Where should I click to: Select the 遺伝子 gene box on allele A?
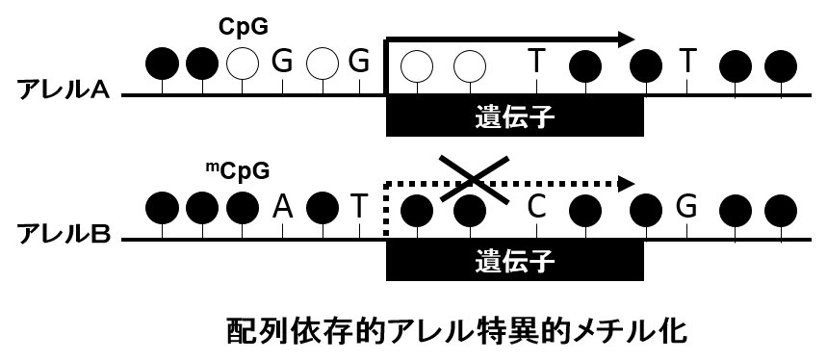click(x=515, y=116)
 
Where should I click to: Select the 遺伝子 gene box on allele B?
click(x=515, y=259)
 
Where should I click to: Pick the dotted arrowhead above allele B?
click(x=625, y=181)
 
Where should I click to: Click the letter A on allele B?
click(x=282, y=205)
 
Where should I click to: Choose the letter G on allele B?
click(x=686, y=205)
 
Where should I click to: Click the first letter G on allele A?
click(x=282, y=63)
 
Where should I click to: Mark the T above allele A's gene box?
click(x=537, y=63)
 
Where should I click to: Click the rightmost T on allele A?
click(x=687, y=63)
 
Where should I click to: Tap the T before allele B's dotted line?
click(x=358, y=205)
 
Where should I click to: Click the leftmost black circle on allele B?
click(x=163, y=206)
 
